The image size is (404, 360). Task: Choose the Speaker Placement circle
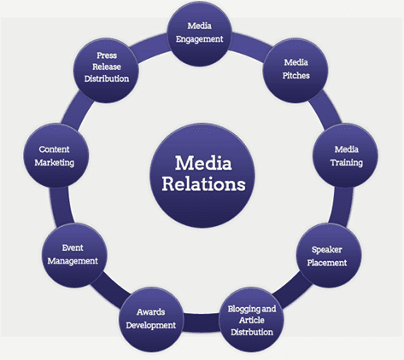(326, 255)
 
